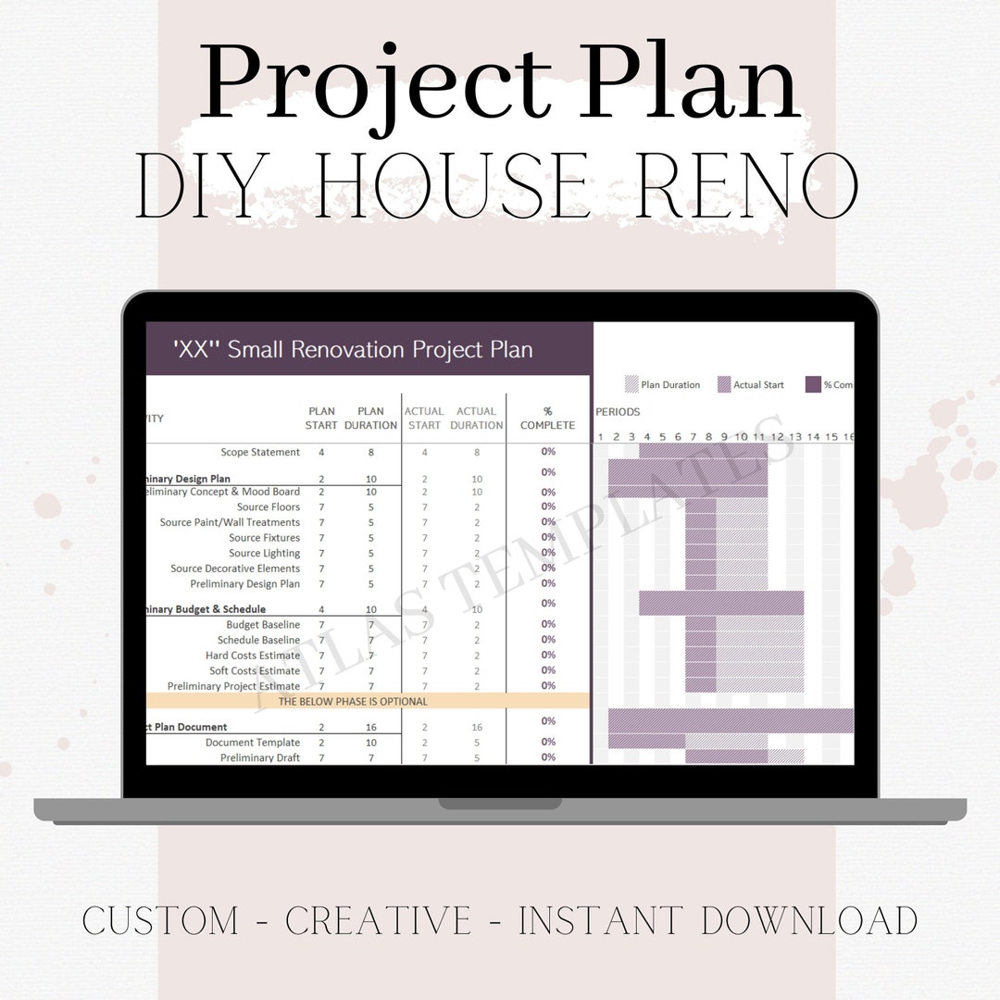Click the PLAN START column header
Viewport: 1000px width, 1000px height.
tap(321, 418)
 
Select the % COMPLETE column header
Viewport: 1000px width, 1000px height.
tap(547, 419)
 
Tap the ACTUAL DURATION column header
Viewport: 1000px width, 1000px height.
tap(477, 418)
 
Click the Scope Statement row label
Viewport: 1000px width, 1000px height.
tap(260, 452)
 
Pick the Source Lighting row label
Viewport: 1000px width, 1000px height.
tap(264, 553)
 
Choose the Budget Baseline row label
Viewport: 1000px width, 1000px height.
tap(263, 625)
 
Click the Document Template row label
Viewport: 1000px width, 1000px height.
tap(253, 743)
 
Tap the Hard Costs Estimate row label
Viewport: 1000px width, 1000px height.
tap(253, 656)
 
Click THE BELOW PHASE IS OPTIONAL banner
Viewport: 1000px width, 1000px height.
tap(354, 701)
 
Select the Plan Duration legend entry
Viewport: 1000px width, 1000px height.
tap(663, 384)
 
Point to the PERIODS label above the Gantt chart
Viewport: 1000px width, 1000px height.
tap(618, 411)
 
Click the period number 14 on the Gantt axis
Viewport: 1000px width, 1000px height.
tap(813, 436)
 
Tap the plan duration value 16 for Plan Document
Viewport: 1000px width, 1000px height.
tap(370, 727)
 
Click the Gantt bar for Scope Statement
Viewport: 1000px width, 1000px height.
tap(704, 451)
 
